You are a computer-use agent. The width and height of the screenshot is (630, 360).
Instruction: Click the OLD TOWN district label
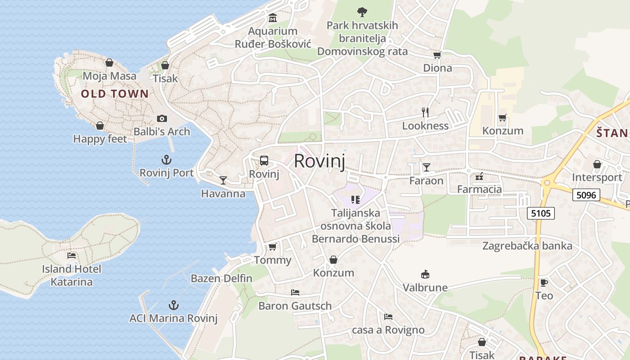coord(115,94)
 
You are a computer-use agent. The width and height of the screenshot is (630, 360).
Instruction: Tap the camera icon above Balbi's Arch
coord(162,119)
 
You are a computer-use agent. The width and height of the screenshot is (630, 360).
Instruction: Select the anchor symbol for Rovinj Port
coord(166,160)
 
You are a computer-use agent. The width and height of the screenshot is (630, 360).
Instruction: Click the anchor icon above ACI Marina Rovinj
coord(174,306)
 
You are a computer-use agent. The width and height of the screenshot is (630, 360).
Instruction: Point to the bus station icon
coord(264,161)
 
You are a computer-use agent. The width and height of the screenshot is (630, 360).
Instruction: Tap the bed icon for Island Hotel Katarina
coord(72,256)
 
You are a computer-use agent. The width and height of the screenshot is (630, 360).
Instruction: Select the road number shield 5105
coord(541,213)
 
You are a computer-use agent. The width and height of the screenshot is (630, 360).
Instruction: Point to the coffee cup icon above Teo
coord(544,283)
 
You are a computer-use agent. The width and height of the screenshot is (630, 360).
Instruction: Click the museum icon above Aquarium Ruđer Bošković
coord(273,18)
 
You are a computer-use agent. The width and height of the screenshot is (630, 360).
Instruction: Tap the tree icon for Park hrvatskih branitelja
coord(362,12)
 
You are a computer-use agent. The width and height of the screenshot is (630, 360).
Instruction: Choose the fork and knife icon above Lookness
coord(425,112)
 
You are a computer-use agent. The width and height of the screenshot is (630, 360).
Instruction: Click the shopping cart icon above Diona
coord(437,55)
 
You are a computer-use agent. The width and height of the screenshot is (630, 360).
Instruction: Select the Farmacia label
coord(479,189)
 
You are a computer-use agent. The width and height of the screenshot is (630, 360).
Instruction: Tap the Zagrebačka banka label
coord(527,246)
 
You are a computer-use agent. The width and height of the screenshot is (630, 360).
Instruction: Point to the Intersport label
coord(597,177)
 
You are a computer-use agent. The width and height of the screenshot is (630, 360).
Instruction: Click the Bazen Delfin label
coord(221,278)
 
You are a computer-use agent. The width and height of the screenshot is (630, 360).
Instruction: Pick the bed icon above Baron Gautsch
coord(295,292)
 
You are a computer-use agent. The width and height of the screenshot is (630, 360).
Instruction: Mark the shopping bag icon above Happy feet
coord(100,126)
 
